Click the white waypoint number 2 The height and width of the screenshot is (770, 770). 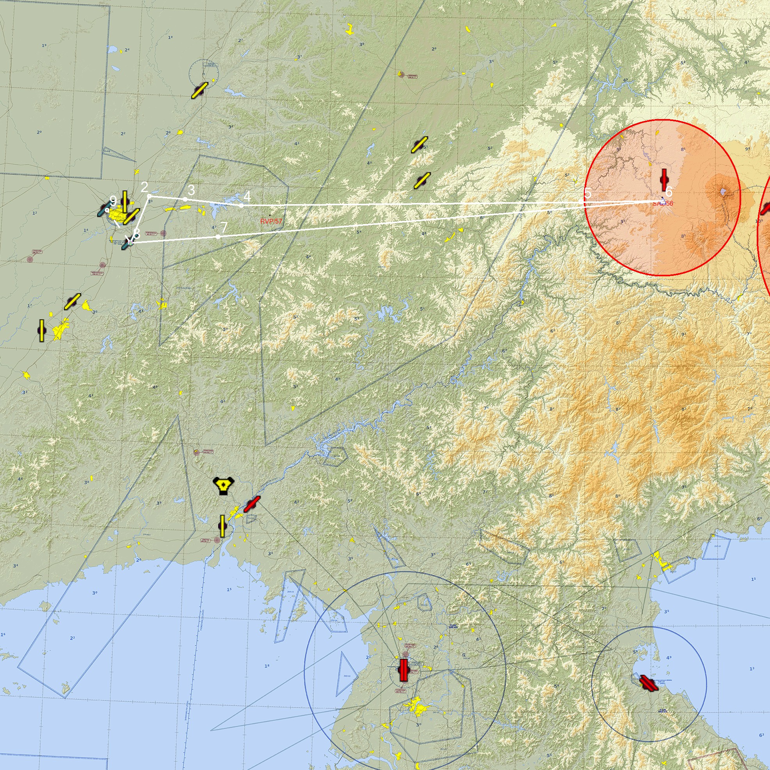click(144, 187)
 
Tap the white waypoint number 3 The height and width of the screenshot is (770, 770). click(192, 190)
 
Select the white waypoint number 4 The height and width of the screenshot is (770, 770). click(247, 196)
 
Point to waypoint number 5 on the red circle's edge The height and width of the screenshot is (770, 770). click(588, 194)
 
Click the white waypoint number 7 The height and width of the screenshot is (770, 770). click(224, 228)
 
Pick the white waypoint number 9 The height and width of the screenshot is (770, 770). click(113, 201)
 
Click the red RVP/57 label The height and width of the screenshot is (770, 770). click(271, 221)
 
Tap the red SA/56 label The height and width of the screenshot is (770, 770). click(662, 204)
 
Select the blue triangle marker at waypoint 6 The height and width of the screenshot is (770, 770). click(663, 201)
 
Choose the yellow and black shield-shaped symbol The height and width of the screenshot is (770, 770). click(224, 485)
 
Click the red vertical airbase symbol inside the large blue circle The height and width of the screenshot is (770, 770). click(404, 670)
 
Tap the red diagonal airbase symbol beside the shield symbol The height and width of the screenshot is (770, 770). click(252, 504)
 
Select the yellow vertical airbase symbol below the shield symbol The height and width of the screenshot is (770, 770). click(222, 526)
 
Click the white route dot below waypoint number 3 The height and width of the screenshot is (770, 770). click(185, 199)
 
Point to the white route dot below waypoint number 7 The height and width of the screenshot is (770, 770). click(218, 237)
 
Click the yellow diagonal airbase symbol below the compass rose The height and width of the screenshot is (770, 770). click(199, 91)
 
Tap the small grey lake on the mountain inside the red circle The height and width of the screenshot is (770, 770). click(723, 192)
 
